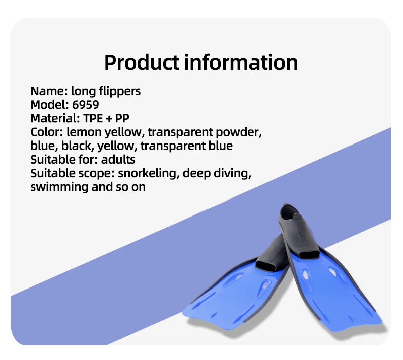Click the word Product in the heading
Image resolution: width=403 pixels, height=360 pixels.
tap(142, 62)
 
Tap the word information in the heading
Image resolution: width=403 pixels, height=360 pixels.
tap(241, 62)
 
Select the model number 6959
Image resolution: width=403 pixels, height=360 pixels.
tap(85, 105)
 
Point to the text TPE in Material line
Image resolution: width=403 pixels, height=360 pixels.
tap(93, 118)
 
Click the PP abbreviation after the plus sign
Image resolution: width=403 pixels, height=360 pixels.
tap(122, 118)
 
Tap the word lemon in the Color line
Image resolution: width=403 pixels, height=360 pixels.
tap(84, 132)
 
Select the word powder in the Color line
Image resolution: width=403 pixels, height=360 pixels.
tap(238, 132)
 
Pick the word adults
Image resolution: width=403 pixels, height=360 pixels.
tap(118, 159)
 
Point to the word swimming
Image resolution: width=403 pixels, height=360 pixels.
tap(59, 187)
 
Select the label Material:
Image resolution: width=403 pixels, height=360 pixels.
tap(55, 118)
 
